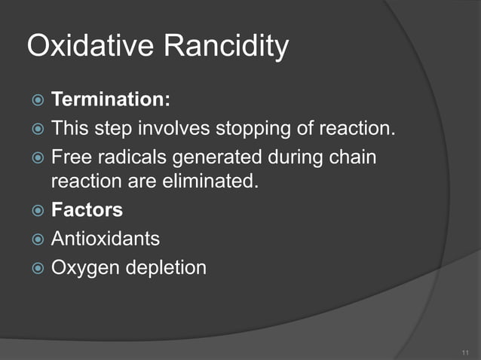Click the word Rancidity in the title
(227, 47)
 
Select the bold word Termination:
(111, 99)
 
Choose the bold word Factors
(87, 210)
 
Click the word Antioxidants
(106, 239)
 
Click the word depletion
(166, 267)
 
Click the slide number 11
(464, 351)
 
